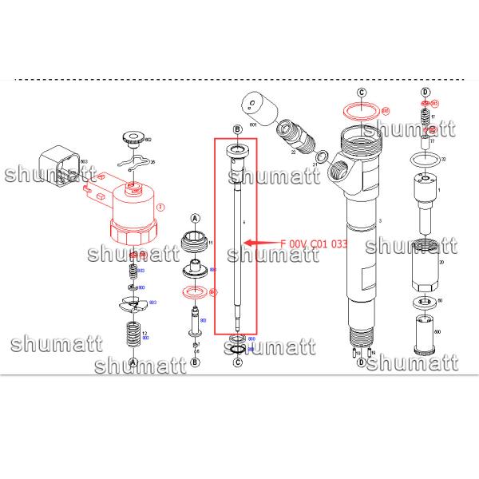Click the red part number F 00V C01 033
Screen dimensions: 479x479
(313, 242)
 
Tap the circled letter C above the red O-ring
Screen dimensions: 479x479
(361, 93)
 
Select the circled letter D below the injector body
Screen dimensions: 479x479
(361, 362)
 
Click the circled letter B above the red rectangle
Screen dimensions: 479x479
(236, 129)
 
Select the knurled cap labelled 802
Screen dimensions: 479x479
(133, 139)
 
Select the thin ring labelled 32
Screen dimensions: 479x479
(426, 163)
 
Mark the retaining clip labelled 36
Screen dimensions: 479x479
(135, 164)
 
